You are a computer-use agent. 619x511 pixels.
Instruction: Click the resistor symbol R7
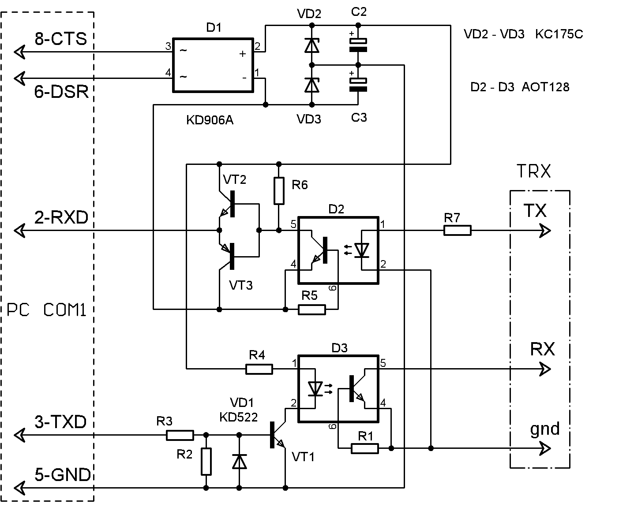coord(457,231)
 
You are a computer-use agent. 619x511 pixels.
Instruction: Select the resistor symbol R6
coord(279,191)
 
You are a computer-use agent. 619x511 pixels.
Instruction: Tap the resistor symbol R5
coord(311,310)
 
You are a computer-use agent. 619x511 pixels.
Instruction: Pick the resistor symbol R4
coord(259,369)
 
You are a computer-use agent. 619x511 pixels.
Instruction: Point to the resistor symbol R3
coord(180,435)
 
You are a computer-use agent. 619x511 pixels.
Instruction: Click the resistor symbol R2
coord(206,462)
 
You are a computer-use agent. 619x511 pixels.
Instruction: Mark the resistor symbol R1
coord(364,448)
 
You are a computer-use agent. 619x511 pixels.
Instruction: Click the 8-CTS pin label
coord(61,39)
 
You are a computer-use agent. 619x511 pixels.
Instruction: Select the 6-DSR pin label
coord(61,92)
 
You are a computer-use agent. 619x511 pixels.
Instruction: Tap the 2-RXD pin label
coord(61,217)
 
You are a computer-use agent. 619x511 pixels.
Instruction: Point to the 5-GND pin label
coord(63,474)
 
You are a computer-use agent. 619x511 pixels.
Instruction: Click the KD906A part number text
coord(210,120)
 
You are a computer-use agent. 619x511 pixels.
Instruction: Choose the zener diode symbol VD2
coord(312,45)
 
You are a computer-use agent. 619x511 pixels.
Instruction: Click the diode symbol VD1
coord(239,461)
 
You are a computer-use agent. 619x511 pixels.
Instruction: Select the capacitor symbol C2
coord(358,45)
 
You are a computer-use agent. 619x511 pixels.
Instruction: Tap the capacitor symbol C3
coord(358,84)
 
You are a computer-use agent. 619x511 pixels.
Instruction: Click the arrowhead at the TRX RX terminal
coord(545,369)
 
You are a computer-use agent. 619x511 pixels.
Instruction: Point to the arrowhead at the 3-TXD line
coord(19,435)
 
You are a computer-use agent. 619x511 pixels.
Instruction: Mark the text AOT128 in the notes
coord(545,87)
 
